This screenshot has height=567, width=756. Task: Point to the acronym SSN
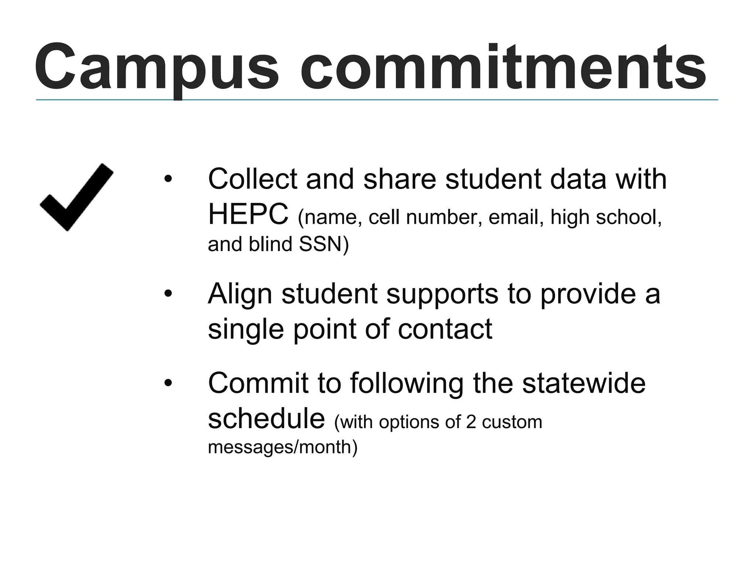click(321, 244)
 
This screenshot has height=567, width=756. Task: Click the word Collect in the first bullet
click(253, 179)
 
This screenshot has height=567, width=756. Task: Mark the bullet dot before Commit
click(168, 383)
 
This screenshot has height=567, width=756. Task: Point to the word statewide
click(584, 383)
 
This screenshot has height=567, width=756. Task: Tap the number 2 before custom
click(471, 422)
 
